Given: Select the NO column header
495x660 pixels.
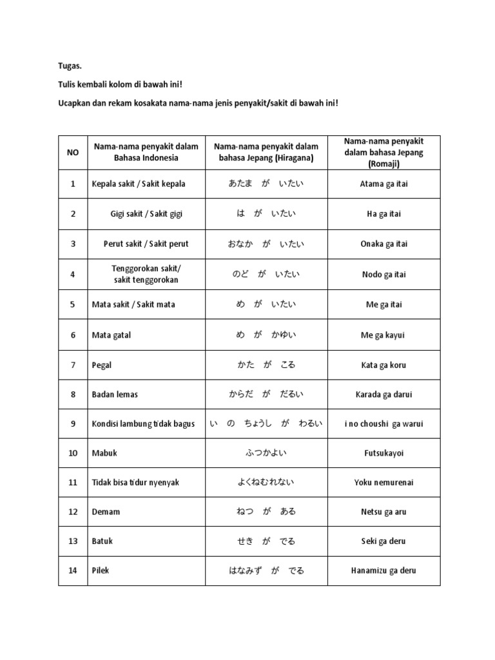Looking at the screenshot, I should pyautogui.click(x=73, y=153).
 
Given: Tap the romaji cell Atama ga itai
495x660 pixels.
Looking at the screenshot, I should pyautogui.click(x=383, y=184).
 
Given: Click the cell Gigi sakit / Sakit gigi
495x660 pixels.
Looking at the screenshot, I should pyautogui.click(x=146, y=214).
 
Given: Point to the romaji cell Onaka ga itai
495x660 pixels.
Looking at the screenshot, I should pyautogui.click(x=383, y=244).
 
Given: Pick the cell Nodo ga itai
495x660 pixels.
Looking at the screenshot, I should pyautogui.click(x=383, y=275).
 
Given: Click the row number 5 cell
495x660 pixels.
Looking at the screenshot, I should pyautogui.click(x=73, y=304).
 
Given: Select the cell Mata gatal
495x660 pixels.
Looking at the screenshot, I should pyautogui.click(x=112, y=335).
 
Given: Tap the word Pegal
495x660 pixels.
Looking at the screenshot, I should pyautogui.click(x=102, y=365).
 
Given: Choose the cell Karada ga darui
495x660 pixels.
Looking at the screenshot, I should pyautogui.click(x=383, y=394).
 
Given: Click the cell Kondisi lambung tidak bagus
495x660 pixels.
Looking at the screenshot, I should pyautogui.click(x=143, y=424).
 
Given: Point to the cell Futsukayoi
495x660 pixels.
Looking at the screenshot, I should pyautogui.click(x=383, y=453).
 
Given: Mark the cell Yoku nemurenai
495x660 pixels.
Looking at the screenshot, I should pyautogui.click(x=383, y=482).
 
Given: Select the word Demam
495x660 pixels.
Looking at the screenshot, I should pyautogui.click(x=106, y=512).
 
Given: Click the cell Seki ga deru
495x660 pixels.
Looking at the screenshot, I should pyautogui.click(x=383, y=541).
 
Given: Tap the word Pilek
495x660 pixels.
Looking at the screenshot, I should pyautogui.click(x=101, y=570).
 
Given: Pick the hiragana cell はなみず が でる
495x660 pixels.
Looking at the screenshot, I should pyautogui.click(x=266, y=570).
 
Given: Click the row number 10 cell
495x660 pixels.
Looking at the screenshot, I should pyautogui.click(x=73, y=453).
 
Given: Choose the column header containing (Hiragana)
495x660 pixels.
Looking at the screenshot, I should pyautogui.click(x=266, y=153).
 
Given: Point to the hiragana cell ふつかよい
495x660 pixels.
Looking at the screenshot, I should pyautogui.click(x=266, y=453).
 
